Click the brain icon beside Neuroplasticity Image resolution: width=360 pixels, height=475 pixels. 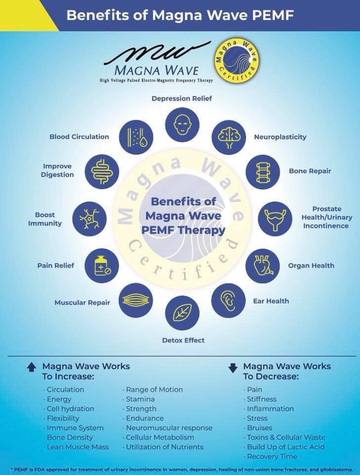229,137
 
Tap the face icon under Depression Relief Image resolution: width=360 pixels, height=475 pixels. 182,125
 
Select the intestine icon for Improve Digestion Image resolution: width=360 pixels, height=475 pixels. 102,172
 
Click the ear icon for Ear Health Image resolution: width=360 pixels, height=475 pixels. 228,300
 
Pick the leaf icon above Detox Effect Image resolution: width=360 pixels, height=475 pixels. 182,313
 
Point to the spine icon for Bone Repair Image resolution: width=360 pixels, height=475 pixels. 263,172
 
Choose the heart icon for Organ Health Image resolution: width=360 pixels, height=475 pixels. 262,266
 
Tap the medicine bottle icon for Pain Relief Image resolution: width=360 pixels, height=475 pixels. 102,266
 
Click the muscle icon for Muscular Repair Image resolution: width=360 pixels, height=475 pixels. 135,300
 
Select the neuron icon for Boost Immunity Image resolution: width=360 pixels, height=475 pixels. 90,219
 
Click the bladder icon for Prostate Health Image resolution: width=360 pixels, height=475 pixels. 275,219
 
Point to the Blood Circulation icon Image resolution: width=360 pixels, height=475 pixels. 136,137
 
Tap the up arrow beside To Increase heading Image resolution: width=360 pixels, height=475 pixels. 32,368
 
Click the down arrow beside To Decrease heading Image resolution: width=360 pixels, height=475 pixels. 233,368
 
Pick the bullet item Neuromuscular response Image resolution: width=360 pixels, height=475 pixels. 168,428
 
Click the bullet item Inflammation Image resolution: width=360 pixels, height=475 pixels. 269,409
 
